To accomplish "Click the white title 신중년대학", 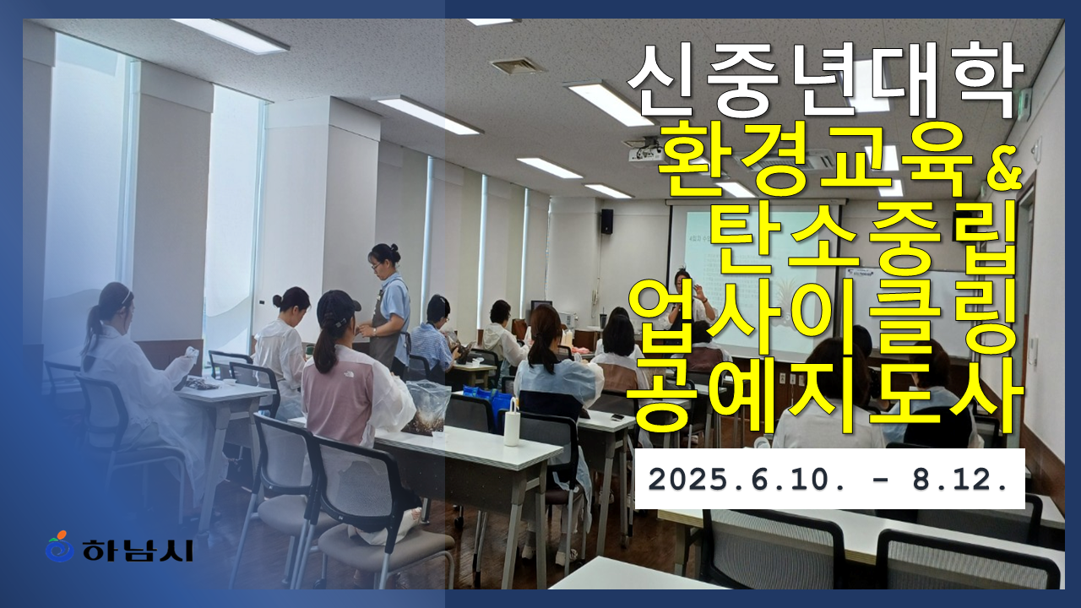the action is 825,80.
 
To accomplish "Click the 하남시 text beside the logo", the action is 138,550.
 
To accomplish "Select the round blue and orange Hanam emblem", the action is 60,546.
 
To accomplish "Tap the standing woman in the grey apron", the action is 388,309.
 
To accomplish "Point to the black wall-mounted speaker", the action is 606,221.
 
